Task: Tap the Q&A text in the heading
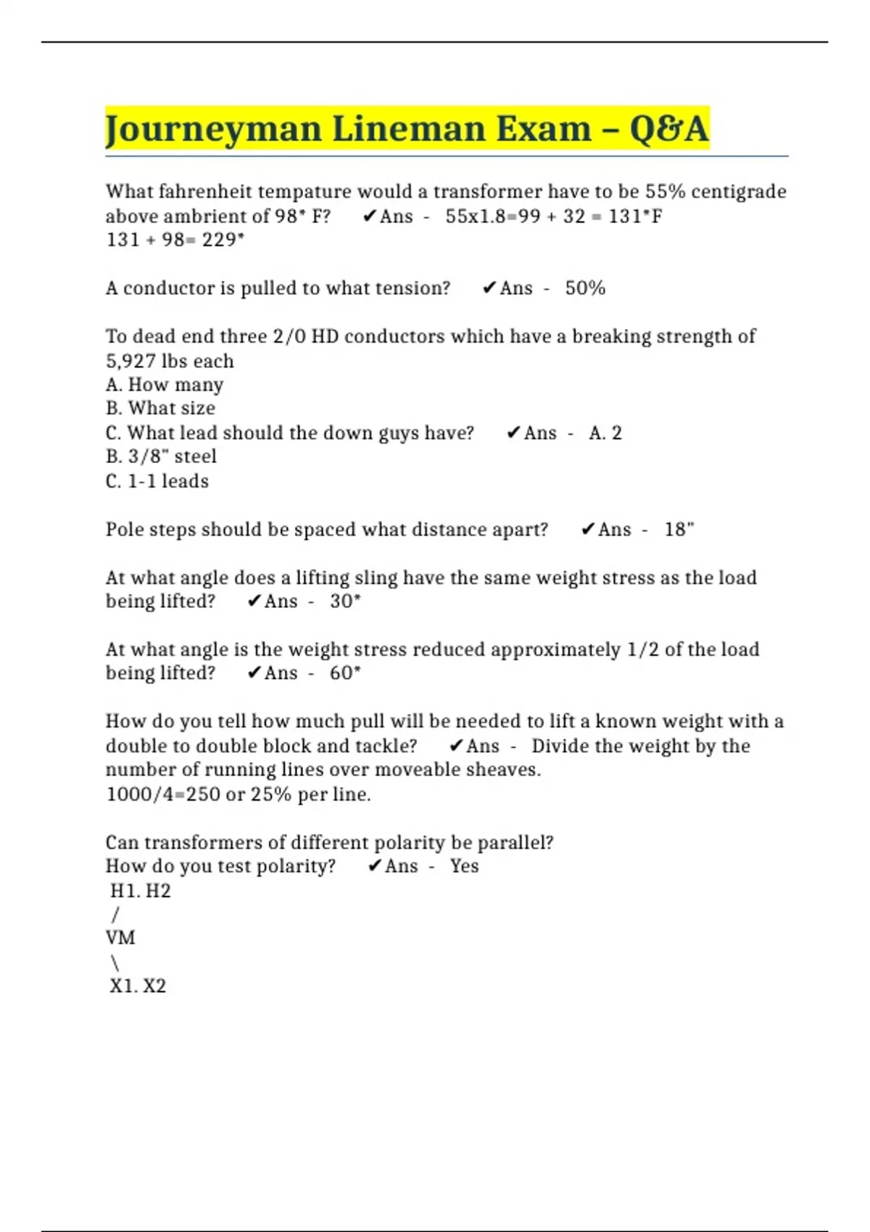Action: pyautogui.click(x=668, y=130)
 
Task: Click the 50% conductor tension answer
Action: pyautogui.click(x=585, y=288)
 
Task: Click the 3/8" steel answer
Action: pyautogui.click(x=161, y=457)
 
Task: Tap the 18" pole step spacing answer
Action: pyautogui.click(x=679, y=530)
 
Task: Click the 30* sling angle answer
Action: pyautogui.click(x=345, y=602)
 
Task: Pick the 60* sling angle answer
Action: pyautogui.click(x=345, y=673)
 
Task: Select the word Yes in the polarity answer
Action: pyautogui.click(x=464, y=866)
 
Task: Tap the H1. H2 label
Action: pyautogui.click(x=140, y=891)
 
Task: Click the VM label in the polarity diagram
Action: pyautogui.click(x=120, y=938)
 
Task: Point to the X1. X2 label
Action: pyautogui.click(x=138, y=986)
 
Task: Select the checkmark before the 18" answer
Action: pyautogui.click(x=588, y=530)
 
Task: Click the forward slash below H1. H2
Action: pyautogui.click(x=115, y=915)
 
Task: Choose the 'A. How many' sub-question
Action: pyautogui.click(x=165, y=385)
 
